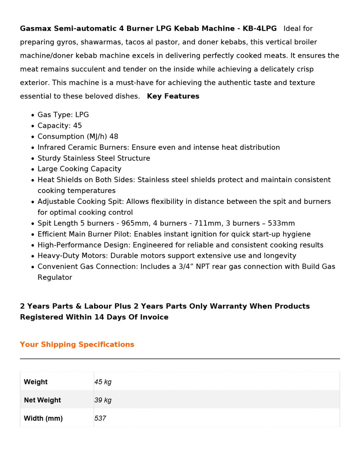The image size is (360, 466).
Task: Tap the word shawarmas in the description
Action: click(100, 42)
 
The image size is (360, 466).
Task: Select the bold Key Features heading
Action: click(173, 96)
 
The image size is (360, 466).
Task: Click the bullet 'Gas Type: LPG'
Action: click(63, 115)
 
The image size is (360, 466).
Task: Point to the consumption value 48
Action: click(114, 137)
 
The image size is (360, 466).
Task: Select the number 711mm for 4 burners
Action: click(195, 223)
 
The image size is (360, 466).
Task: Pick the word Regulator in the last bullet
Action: click(55, 278)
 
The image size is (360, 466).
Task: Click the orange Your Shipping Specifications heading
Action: click(77, 344)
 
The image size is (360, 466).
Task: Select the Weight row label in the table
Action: click(36, 382)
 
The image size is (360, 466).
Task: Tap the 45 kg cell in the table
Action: click(103, 382)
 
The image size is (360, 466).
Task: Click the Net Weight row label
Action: click(42, 400)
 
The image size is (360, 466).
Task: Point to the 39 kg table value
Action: click(103, 400)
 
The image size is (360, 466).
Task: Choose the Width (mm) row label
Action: click(43, 419)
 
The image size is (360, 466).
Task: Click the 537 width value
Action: click(100, 419)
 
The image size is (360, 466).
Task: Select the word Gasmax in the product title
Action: click(36, 29)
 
